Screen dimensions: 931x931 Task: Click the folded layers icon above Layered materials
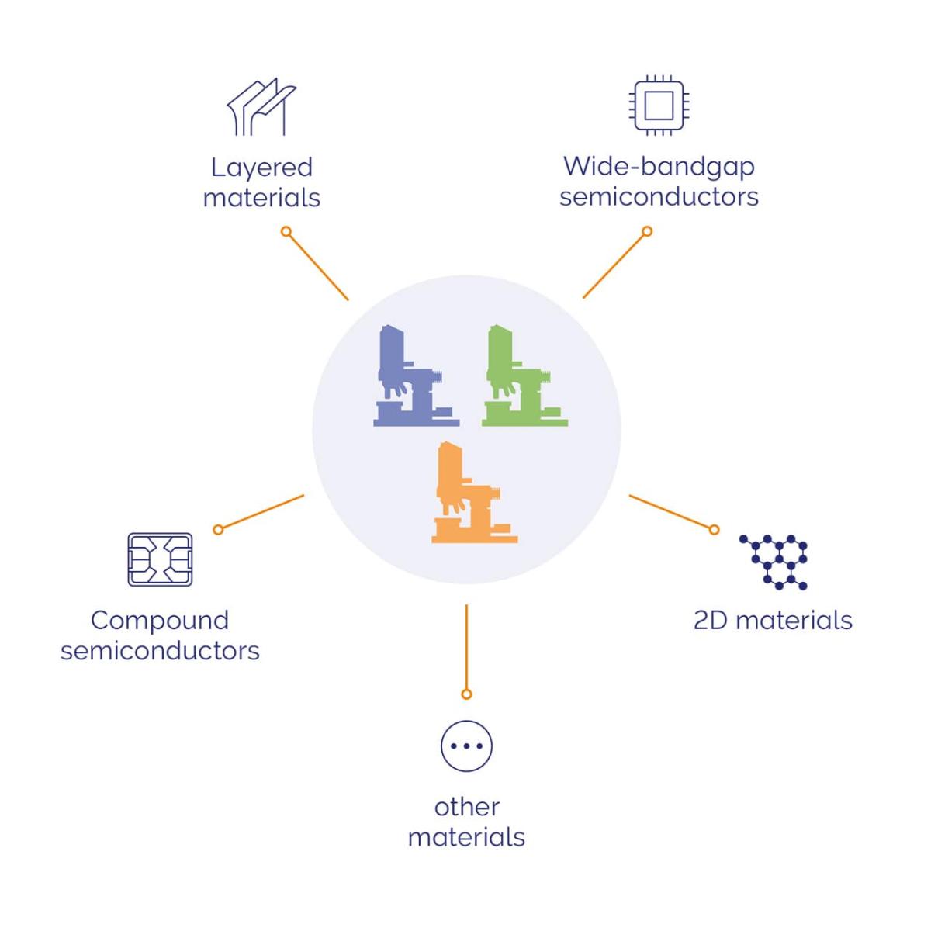tap(261, 106)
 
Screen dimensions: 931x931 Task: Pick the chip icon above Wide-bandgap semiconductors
tap(659, 106)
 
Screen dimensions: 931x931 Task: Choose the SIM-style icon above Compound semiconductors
tap(160, 559)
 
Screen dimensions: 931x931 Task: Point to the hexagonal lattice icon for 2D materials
tap(774, 561)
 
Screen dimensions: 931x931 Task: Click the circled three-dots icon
tap(466, 746)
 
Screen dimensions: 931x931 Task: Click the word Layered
tap(261, 168)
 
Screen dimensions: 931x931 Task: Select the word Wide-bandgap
tap(659, 166)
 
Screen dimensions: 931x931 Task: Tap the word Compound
tap(160, 620)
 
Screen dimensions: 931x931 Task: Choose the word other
tap(467, 807)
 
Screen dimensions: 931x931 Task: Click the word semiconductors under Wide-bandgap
tap(659, 196)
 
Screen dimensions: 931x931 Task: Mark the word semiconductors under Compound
tap(160, 650)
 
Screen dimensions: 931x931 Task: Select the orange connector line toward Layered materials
tap(318, 266)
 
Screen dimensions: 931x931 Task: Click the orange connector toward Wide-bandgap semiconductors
tap(614, 265)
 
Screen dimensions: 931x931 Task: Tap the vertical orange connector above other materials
tap(466, 648)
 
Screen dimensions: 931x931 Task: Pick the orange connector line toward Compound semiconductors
tap(261, 512)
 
